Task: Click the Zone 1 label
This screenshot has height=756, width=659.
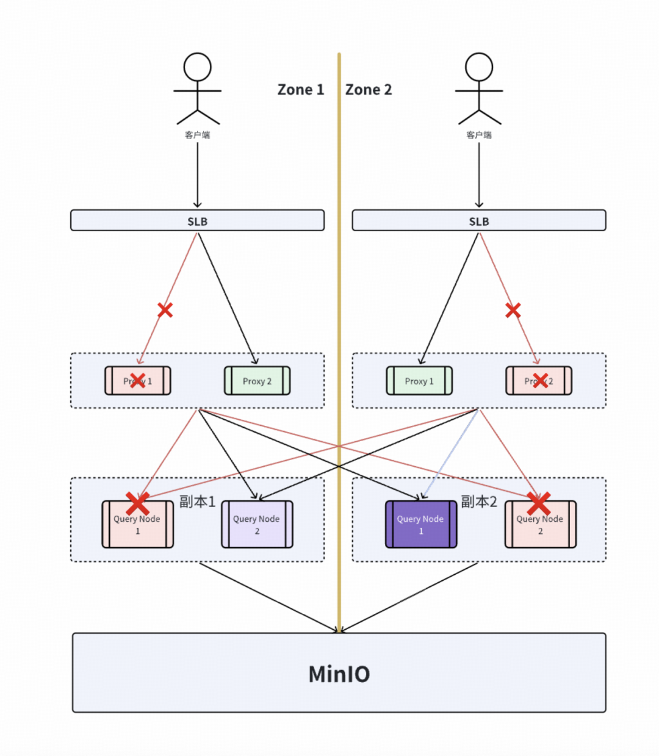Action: (300, 90)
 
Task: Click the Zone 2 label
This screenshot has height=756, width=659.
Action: (369, 90)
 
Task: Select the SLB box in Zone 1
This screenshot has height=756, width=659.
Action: (197, 221)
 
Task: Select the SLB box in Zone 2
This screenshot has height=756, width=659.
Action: (479, 221)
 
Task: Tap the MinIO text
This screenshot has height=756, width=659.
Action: (339, 674)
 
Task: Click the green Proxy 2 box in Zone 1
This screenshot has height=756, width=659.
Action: (257, 381)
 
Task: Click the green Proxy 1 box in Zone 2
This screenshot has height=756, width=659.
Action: (419, 381)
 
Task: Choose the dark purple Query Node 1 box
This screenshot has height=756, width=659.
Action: (421, 525)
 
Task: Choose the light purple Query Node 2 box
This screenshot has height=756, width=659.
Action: (257, 525)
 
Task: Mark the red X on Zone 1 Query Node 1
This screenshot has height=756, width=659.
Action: (138, 503)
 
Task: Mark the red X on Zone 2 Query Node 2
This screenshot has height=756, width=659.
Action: (539, 503)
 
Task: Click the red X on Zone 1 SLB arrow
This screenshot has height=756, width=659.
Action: (165, 310)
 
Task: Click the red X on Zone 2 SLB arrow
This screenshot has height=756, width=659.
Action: (513, 311)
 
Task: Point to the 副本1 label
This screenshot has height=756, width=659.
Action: (197, 502)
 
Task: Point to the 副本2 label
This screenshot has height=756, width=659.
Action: (479, 502)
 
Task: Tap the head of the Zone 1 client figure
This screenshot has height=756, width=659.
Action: (197, 67)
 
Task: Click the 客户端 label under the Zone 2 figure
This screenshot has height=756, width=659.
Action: (479, 135)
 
